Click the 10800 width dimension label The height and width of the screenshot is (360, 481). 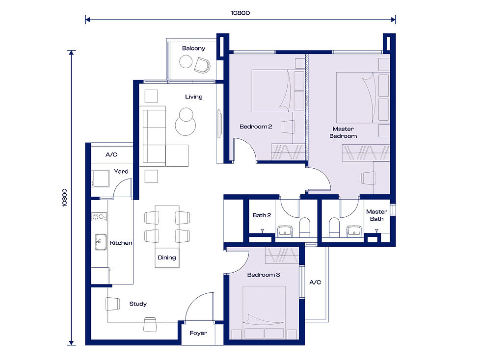tap(240, 13)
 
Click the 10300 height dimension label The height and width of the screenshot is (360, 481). tap(65, 198)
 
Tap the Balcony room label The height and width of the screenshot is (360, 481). tap(193, 48)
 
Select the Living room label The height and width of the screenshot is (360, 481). tap(193, 97)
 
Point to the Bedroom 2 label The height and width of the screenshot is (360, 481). tap(256, 127)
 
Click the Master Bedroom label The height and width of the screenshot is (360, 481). tap(343, 132)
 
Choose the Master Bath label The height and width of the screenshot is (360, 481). tap(376, 215)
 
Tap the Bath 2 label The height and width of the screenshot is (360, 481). tap(262, 215)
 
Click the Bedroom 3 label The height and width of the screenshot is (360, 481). tap(263, 275)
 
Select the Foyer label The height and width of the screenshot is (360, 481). tap(198, 333)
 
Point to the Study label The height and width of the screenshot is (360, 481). tap(138, 304)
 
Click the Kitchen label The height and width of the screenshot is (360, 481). tap(121, 243)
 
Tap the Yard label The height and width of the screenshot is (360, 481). tap(121, 171)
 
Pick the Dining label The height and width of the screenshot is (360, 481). tap(166, 257)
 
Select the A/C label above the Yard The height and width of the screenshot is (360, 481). tap(111, 154)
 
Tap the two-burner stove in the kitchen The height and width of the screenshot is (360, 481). tap(99, 216)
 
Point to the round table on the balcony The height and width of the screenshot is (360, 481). tap(186, 62)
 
